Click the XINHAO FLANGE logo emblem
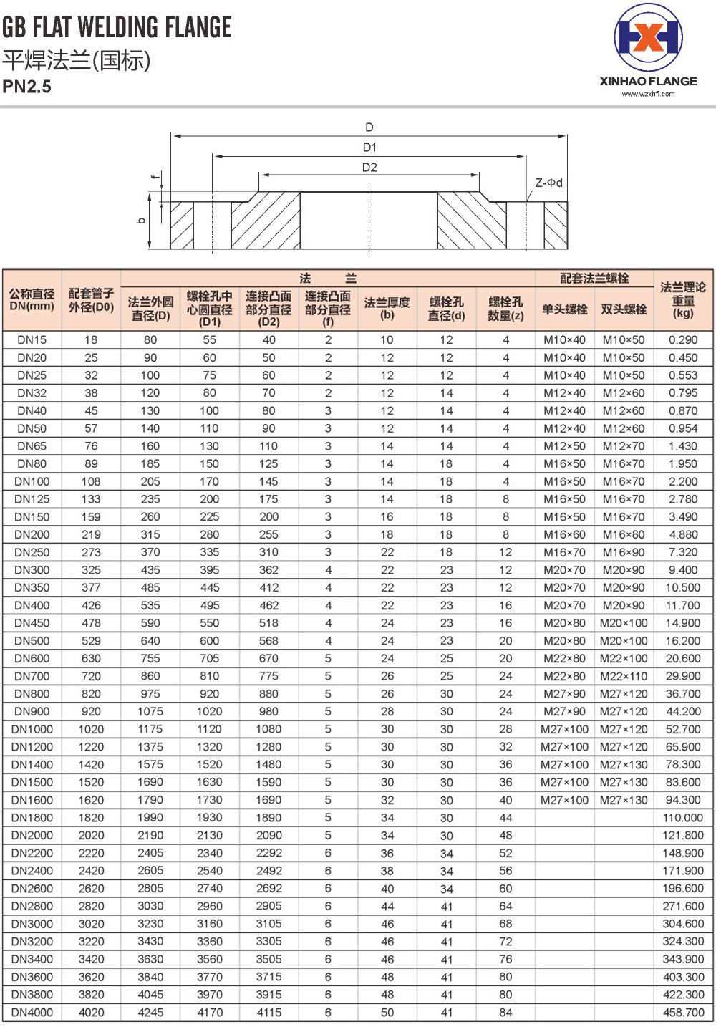click(x=648, y=38)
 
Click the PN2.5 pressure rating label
click(x=27, y=87)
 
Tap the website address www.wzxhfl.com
click(x=648, y=94)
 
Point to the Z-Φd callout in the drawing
click(x=548, y=183)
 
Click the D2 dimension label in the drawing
click(x=369, y=168)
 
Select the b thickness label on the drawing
click(x=142, y=221)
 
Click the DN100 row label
click(x=32, y=482)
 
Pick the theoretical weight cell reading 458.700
click(x=683, y=1013)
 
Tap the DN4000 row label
click(x=32, y=1013)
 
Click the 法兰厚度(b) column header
click(x=387, y=308)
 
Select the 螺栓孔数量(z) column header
click(x=505, y=308)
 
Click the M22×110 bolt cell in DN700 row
click(x=624, y=676)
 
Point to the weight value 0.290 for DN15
click(x=683, y=340)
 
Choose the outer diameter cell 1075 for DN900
click(x=150, y=711)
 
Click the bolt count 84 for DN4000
click(x=505, y=1013)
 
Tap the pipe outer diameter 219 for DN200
click(x=92, y=535)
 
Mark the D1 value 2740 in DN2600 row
click(x=210, y=889)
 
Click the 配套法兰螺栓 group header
click(x=594, y=278)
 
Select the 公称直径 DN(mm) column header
click(x=32, y=300)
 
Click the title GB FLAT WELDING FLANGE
click(x=117, y=27)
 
